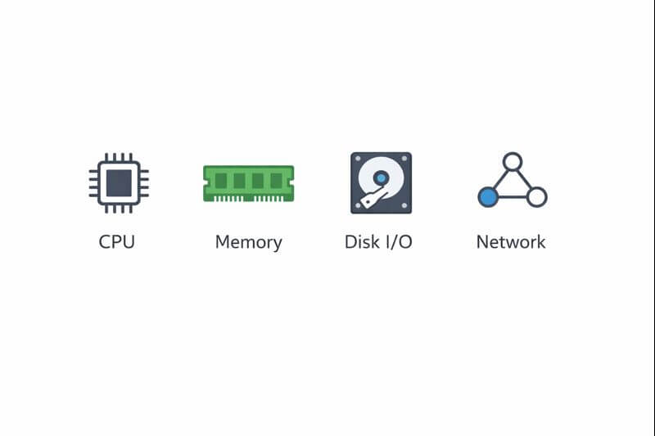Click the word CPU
116,242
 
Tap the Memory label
248,242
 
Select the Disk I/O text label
378,242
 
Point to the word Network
510,242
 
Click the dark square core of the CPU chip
119,182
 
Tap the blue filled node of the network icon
488,197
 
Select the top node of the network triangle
513,161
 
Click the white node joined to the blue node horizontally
536,197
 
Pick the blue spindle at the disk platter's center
381,178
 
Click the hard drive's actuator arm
373,197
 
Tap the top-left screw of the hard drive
357,159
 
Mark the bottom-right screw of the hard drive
404,206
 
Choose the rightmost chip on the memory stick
276,180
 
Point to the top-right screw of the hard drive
404,159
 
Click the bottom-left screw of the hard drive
357,206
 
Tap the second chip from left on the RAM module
239,180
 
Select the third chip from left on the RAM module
258,180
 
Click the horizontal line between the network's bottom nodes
513,197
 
